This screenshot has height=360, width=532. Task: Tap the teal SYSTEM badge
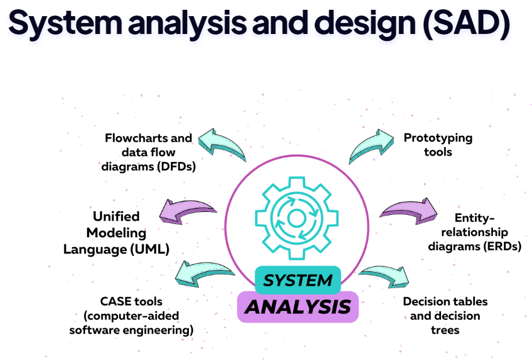coord(298,281)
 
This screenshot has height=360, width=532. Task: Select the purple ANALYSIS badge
coord(298,307)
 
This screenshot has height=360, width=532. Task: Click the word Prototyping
coord(438,138)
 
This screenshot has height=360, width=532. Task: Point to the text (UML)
coord(150,249)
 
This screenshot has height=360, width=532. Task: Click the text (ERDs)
coord(503,246)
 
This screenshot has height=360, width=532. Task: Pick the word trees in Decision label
coord(445,330)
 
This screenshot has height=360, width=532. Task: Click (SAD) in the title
coord(467,23)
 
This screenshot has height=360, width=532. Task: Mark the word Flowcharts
coord(136,138)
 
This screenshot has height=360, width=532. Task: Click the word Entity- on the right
coord(474,218)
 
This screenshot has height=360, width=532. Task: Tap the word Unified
coord(116,217)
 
